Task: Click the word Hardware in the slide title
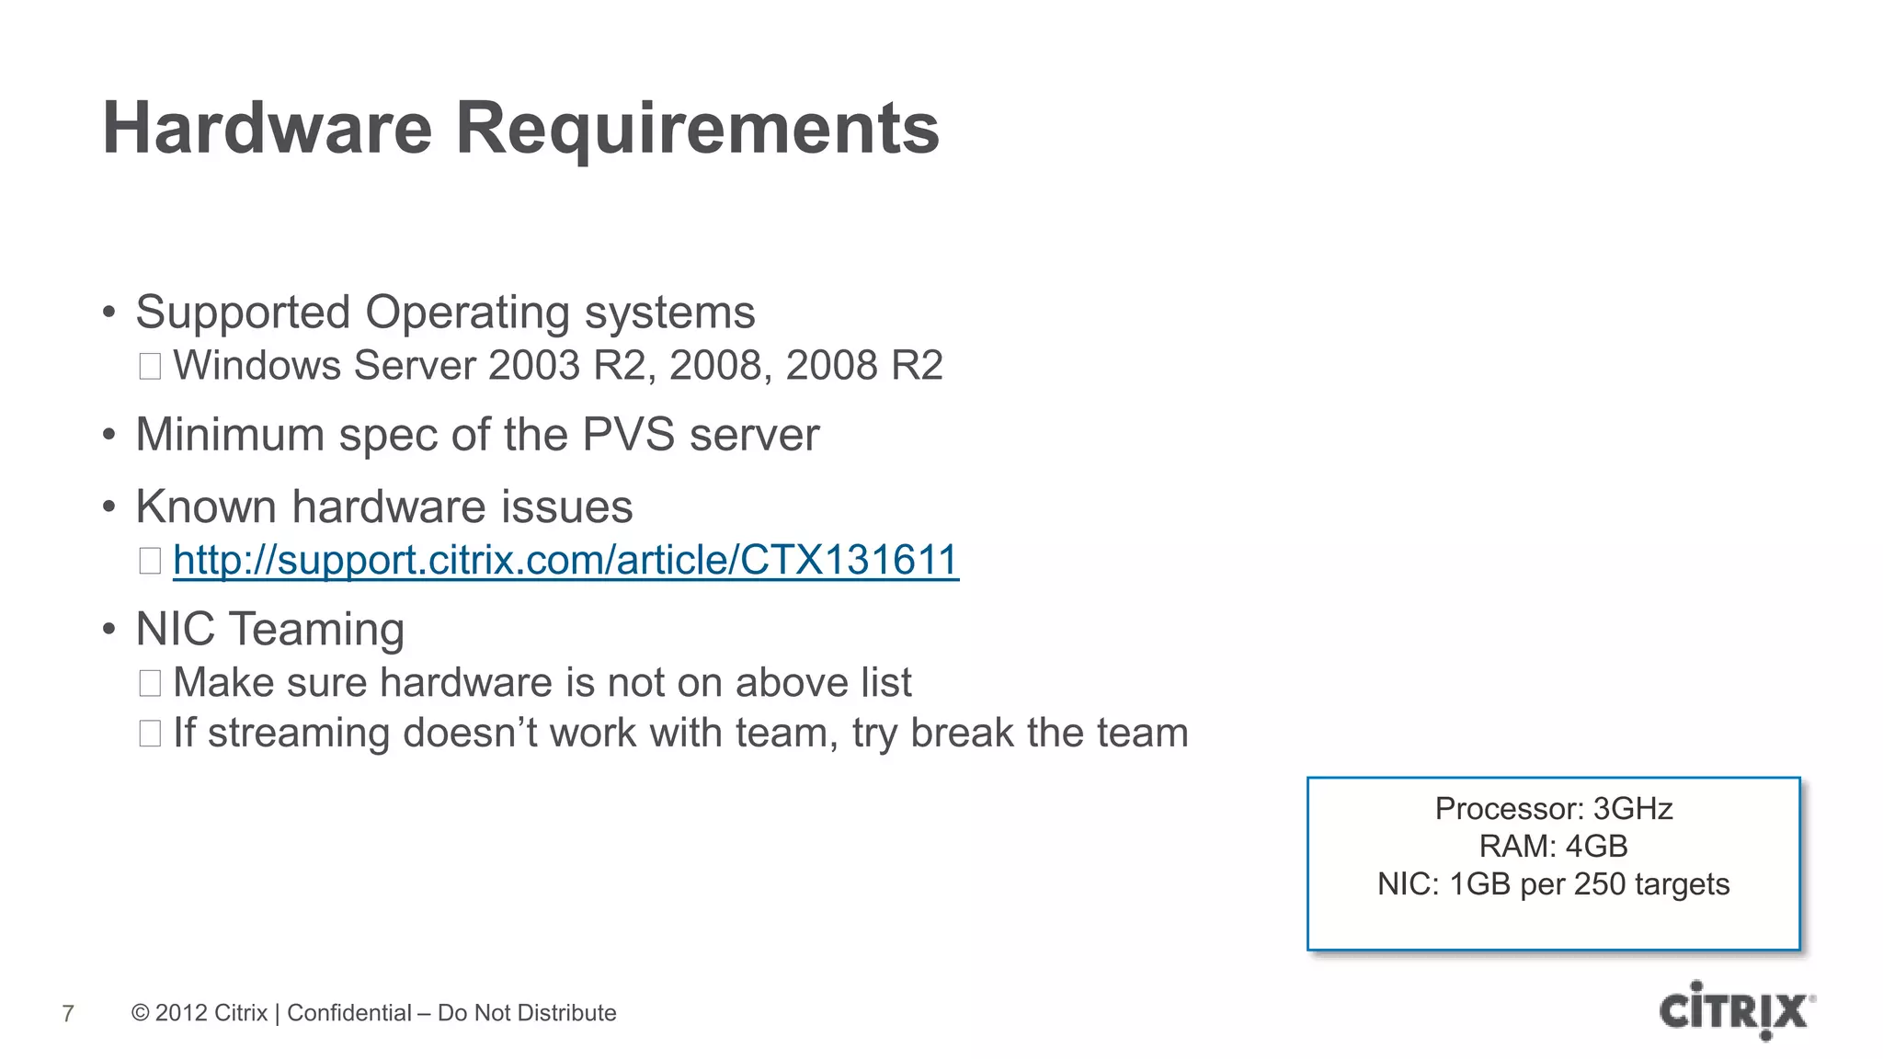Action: [x=267, y=129]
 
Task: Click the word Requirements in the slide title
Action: [x=697, y=129]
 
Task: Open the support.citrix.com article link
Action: [x=565, y=560]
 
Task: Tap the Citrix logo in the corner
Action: [x=1736, y=1010]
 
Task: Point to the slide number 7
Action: [x=68, y=1013]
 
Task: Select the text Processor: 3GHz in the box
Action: [x=1553, y=809]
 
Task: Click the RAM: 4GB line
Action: [x=1553, y=846]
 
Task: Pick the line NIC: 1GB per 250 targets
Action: [x=1553, y=884]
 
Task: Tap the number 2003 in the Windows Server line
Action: [x=534, y=366]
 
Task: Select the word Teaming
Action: [x=316, y=630]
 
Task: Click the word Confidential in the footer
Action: [x=349, y=1013]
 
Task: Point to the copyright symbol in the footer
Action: [x=141, y=1013]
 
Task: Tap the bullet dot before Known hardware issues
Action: [x=109, y=507]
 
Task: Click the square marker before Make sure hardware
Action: [x=150, y=683]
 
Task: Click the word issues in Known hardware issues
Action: [x=576, y=507]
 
